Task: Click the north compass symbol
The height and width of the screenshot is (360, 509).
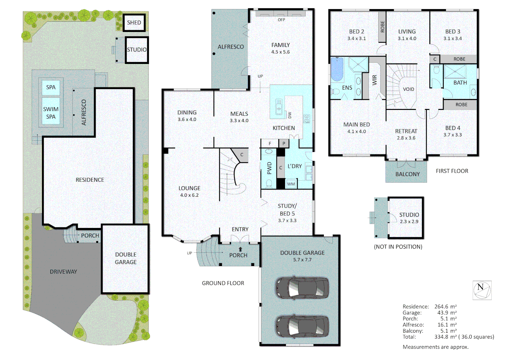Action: (482, 290)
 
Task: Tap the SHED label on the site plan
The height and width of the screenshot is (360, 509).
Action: (134, 23)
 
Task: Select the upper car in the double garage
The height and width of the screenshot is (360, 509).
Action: (302, 288)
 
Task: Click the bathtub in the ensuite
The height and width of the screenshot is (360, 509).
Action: (337, 69)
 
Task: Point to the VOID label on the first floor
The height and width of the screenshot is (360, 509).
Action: (408, 89)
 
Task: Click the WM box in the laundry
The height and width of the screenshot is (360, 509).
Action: (291, 184)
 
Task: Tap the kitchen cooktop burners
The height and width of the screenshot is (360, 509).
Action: (307, 119)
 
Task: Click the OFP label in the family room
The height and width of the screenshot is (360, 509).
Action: (281, 20)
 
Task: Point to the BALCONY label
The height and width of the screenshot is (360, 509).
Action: (407, 174)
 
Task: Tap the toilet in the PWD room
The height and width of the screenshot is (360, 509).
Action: (269, 183)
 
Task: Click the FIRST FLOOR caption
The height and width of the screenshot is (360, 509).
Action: (452, 171)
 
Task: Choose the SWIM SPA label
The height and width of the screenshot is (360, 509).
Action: (51, 113)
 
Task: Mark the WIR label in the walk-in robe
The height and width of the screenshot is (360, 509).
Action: (374, 80)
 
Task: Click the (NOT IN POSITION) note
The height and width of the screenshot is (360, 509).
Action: (398, 247)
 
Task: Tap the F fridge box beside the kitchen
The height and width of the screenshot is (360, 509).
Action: (270, 143)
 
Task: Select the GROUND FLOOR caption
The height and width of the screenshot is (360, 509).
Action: (223, 283)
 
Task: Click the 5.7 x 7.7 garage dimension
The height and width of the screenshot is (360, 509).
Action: (302, 260)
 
